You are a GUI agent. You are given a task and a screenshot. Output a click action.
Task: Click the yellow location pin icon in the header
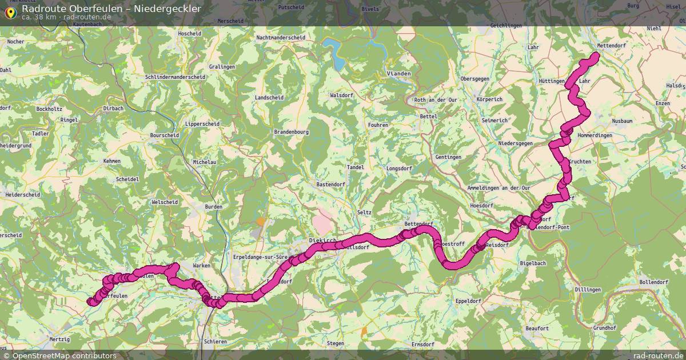10,12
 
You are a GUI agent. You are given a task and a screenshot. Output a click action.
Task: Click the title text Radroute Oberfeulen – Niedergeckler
111,9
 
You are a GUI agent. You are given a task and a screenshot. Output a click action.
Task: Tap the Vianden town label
399,74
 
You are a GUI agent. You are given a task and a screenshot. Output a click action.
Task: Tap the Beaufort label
537,329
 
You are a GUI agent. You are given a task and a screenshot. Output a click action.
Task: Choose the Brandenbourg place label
292,131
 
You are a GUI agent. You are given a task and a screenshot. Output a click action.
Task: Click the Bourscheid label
164,135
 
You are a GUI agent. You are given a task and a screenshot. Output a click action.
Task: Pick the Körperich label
489,99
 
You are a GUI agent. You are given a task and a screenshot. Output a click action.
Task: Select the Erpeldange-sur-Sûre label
261,258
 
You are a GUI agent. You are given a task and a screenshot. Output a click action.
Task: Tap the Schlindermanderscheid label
176,77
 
